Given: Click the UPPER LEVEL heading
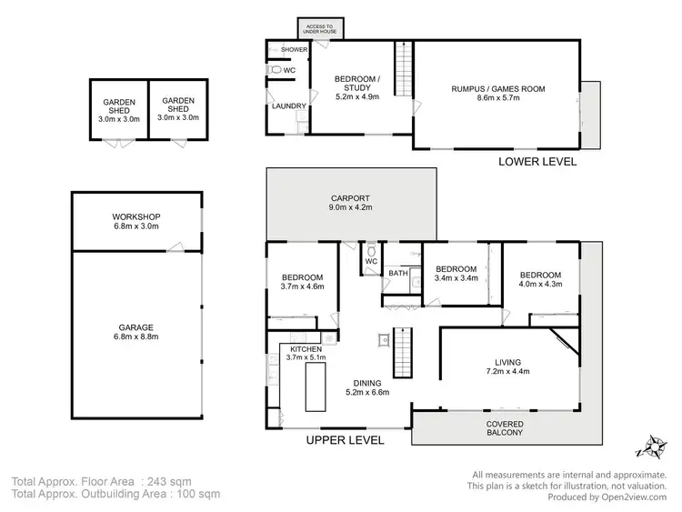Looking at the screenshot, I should (345, 440).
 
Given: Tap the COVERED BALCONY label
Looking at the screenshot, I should (504, 427).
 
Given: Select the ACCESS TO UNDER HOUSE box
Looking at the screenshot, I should (319, 28).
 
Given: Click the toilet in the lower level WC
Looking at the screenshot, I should (275, 69).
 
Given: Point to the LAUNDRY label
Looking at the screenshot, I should (288, 106).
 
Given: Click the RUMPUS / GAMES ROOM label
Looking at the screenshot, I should (497, 89).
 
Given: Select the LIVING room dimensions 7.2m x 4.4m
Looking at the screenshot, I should (506, 371).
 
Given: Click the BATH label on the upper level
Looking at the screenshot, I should (397, 273).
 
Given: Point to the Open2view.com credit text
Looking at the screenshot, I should (616, 497).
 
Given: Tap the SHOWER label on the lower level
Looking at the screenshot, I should (294, 49).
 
